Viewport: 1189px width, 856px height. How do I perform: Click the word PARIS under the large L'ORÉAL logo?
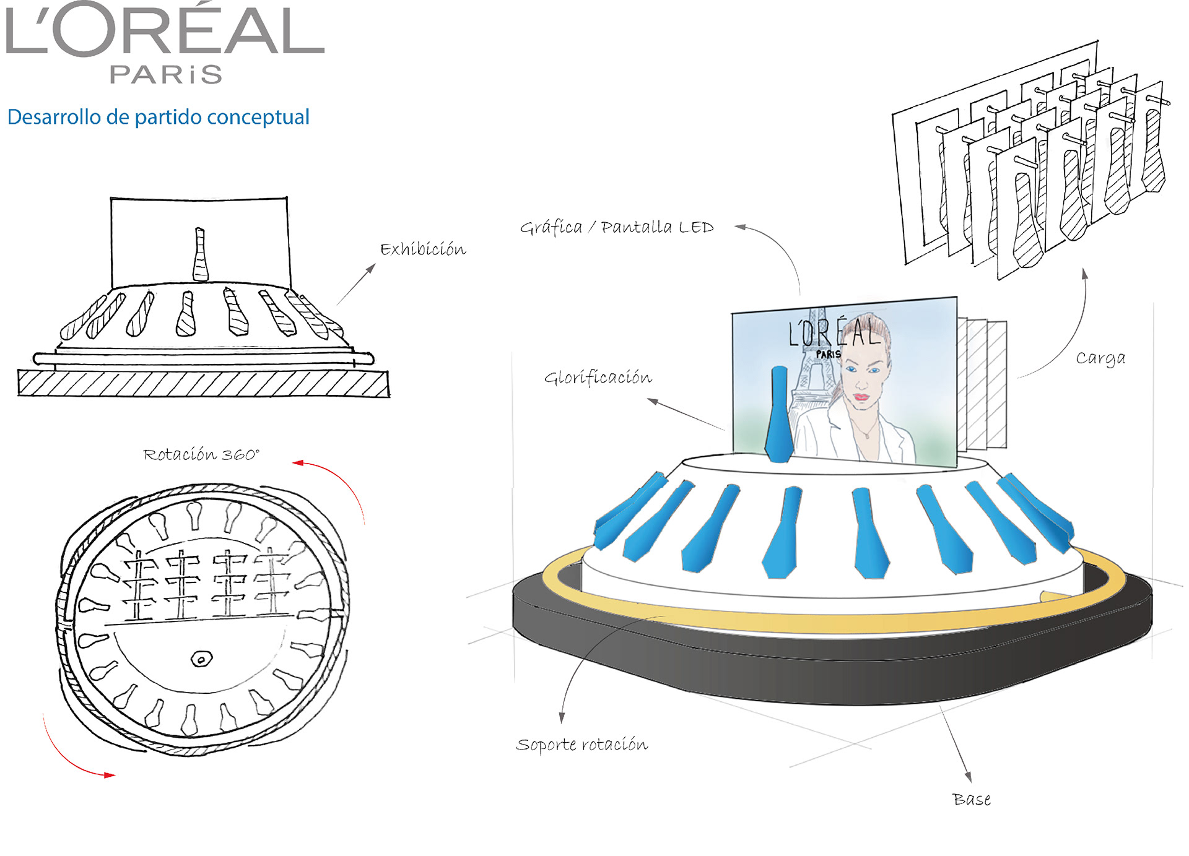pyautogui.click(x=165, y=74)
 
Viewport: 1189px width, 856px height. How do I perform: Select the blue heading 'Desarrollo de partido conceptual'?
pyautogui.click(x=159, y=117)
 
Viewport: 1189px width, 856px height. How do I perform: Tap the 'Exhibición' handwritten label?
pyautogui.click(x=423, y=249)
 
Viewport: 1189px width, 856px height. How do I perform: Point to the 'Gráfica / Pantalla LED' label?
pyautogui.click(x=617, y=227)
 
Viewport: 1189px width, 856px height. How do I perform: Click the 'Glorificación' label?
pyautogui.click(x=598, y=377)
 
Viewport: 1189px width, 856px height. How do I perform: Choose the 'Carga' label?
pyautogui.click(x=1100, y=358)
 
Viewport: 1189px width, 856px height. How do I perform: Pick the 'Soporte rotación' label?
pyautogui.click(x=581, y=744)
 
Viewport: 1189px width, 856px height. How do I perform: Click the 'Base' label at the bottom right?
pyautogui.click(x=971, y=800)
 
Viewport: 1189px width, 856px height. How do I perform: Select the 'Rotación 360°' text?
pyautogui.click(x=201, y=454)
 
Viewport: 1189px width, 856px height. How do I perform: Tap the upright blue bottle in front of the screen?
pyautogui.click(x=778, y=415)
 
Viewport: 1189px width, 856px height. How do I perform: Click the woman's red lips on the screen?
pyautogui.click(x=861, y=397)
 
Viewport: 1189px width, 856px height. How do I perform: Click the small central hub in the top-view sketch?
pyautogui.click(x=201, y=659)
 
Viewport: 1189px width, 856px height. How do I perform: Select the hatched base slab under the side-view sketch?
pyautogui.click(x=203, y=383)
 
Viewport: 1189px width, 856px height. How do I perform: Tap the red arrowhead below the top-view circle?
pyautogui.click(x=110, y=775)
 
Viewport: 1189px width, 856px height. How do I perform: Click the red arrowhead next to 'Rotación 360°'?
pyautogui.click(x=298, y=462)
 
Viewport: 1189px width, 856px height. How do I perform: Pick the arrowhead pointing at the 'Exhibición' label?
pyautogui.click(x=372, y=267)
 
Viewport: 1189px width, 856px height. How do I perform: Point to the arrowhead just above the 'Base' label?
pyautogui.click(x=969, y=777)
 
